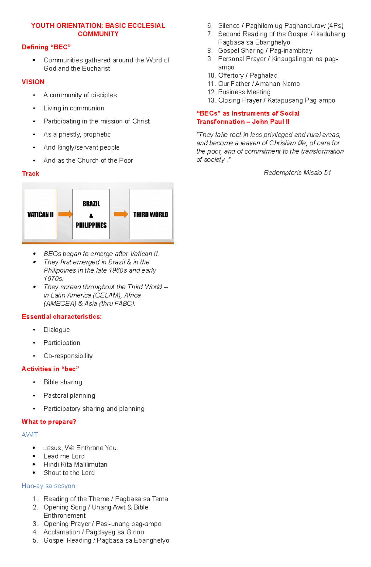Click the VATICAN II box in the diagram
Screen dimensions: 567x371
(41, 214)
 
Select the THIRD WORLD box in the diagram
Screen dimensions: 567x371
(151, 214)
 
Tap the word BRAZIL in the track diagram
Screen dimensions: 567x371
(91, 204)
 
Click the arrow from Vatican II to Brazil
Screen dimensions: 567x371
(65, 214)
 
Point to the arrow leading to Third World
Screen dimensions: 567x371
(121, 214)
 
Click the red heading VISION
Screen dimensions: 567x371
(33, 82)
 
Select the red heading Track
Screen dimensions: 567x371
(31, 174)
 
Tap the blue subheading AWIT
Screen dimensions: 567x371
(30, 435)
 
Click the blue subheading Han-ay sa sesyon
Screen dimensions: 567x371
(48, 486)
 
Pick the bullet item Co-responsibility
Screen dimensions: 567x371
(68, 356)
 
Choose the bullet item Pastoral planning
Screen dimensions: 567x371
(69, 396)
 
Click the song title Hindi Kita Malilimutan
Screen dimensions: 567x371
(75, 464)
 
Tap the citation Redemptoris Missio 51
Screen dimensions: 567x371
(297, 173)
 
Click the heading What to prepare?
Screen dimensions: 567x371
(49, 422)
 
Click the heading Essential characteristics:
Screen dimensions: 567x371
(62, 317)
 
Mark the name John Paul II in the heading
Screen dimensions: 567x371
(271, 122)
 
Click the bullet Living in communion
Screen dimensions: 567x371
(74, 108)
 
